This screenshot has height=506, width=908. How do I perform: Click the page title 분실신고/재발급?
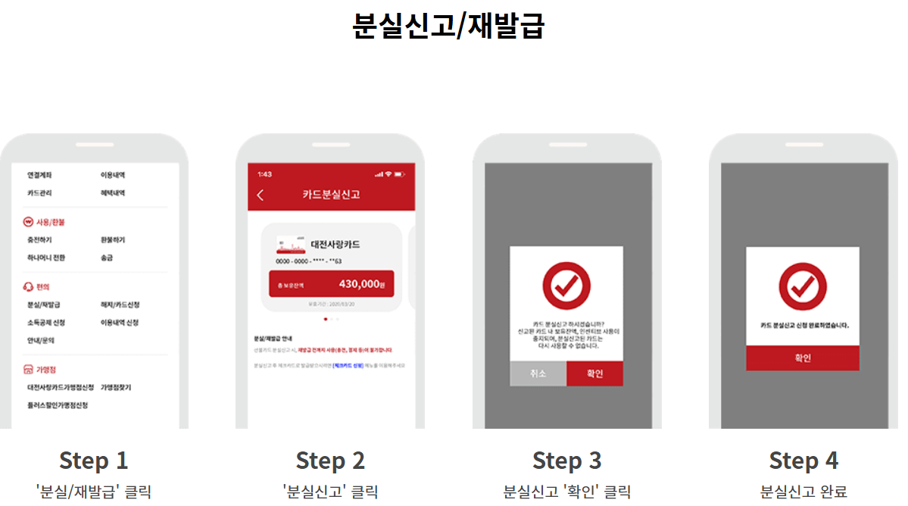tap(448, 26)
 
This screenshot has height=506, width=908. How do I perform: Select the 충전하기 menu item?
tap(39, 239)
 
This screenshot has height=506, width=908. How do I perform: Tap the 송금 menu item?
tap(108, 258)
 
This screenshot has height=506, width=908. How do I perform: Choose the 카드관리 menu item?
tap(39, 193)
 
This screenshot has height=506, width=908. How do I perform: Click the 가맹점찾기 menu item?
tap(116, 387)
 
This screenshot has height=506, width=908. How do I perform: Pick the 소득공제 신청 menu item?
tap(45, 323)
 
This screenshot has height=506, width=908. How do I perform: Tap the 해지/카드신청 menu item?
tap(120, 305)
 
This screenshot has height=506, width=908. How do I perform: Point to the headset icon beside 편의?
tap(29, 286)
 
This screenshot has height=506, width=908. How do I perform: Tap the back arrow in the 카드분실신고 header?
tap(261, 195)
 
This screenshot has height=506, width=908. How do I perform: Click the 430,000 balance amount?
tap(359, 284)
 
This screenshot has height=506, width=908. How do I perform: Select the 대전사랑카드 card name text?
tap(335, 244)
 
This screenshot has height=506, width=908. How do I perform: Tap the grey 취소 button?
tap(538, 374)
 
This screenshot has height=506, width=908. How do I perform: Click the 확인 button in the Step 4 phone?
tap(802, 358)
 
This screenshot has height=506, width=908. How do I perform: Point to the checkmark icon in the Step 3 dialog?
tap(566, 285)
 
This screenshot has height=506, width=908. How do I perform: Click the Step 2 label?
tap(330, 461)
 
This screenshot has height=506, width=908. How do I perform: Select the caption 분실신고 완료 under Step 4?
tap(803, 492)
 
